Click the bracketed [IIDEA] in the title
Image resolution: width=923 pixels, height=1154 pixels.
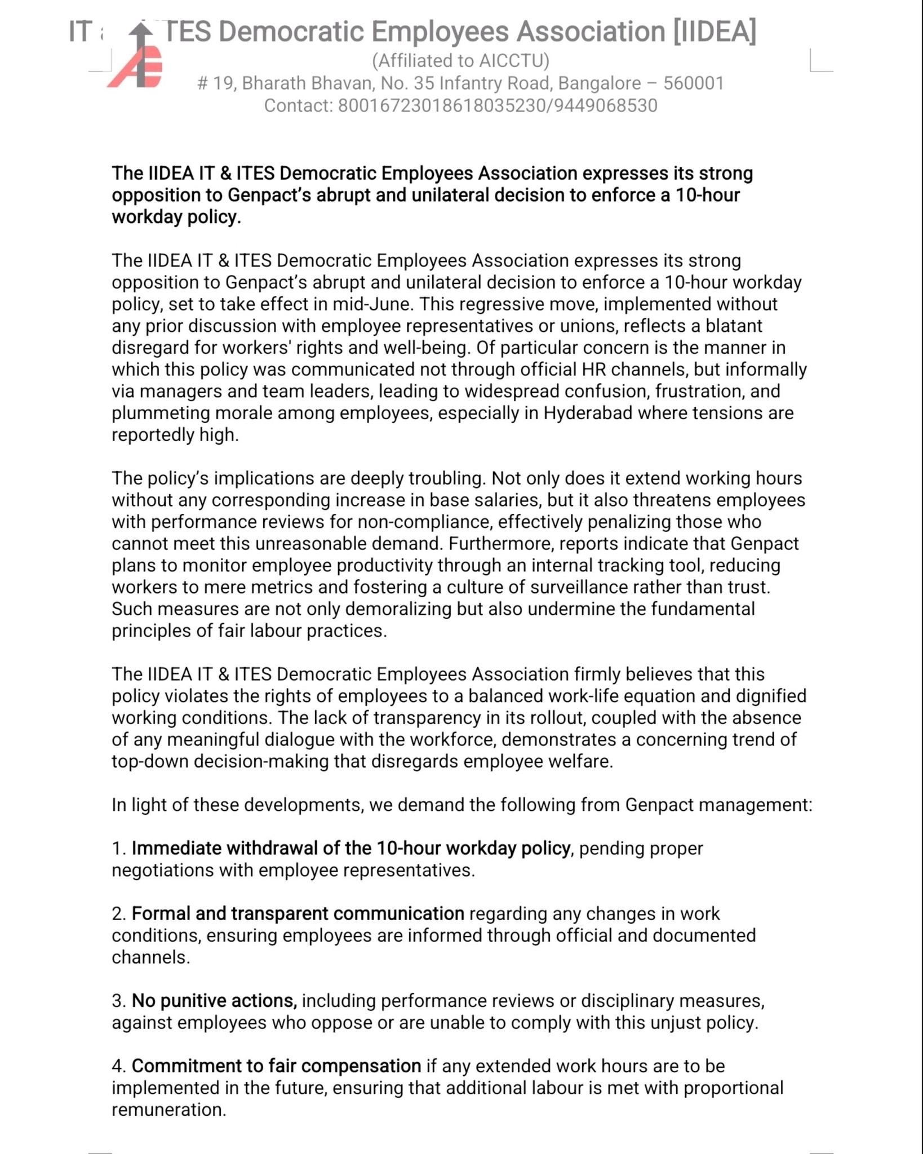(x=714, y=32)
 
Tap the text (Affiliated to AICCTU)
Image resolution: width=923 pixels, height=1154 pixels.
(x=460, y=60)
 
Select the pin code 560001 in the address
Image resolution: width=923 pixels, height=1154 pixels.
(x=693, y=83)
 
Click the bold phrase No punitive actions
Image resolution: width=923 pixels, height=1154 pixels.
(x=214, y=1001)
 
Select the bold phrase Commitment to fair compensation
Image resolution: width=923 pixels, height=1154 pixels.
(x=276, y=1067)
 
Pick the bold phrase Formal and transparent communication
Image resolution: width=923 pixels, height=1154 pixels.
(x=298, y=914)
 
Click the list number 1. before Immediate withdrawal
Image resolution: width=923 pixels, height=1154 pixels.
(x=118, y=849)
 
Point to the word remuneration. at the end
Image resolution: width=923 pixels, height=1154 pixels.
(x=168, y=1110)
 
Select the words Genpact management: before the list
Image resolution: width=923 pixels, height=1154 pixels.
(x=718, y=805)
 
